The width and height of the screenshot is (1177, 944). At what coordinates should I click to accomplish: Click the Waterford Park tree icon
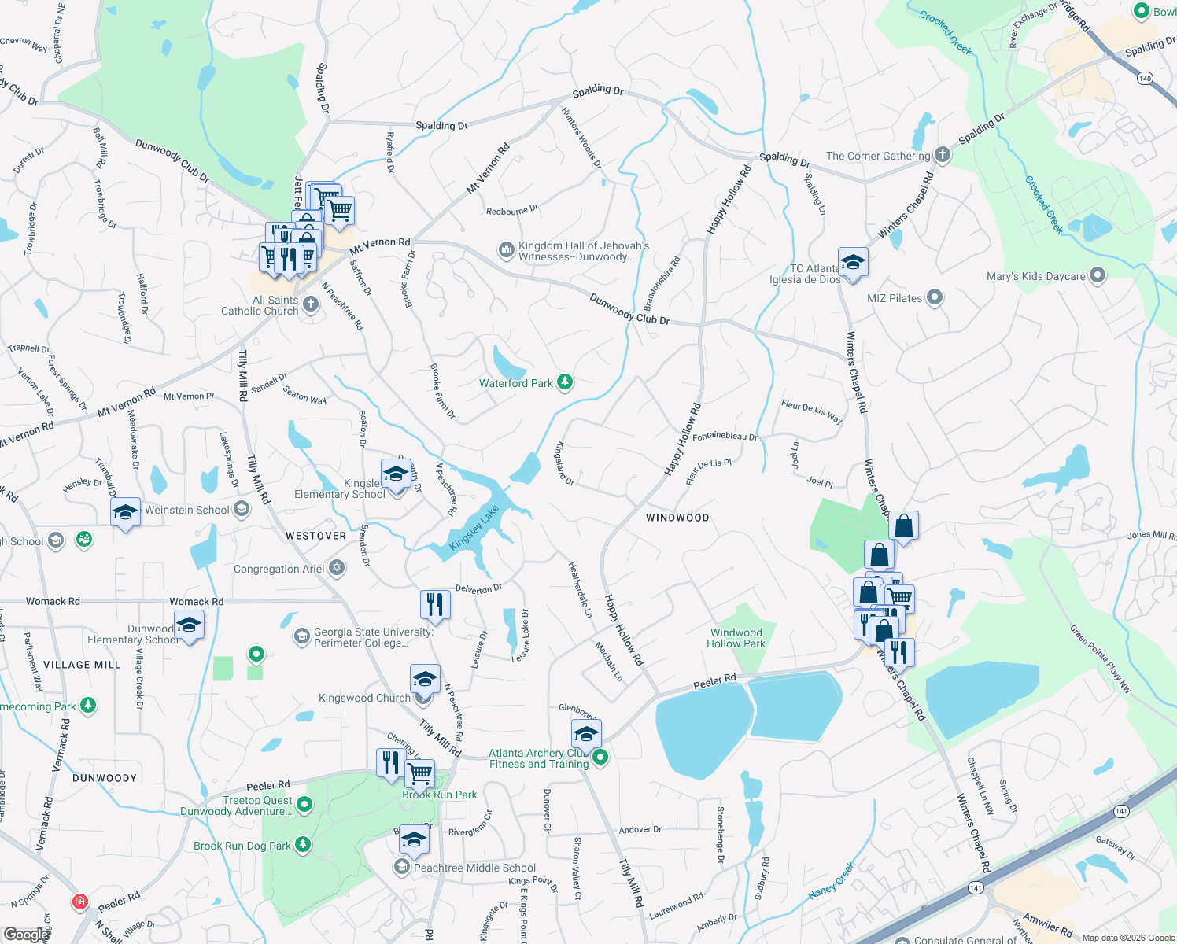(564, 383)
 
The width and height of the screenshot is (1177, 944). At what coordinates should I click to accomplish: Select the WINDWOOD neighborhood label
(677, 518)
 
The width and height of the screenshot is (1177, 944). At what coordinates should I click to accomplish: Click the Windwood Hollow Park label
(736, 638)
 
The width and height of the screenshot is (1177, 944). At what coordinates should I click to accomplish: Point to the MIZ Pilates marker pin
(935, 297)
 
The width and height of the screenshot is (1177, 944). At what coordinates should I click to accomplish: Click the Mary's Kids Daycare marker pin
(1098, 275)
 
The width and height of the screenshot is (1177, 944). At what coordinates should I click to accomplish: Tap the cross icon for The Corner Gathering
(942, 155)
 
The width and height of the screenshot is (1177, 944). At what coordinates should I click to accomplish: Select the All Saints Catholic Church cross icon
(311, 304)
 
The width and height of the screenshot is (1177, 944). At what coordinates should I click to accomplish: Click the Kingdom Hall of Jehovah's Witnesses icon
(506, 250)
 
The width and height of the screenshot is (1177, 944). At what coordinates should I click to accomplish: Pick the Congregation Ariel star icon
(337, 567)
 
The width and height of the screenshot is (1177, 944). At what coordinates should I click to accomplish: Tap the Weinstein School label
(186, 510)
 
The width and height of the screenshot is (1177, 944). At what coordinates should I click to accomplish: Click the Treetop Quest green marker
(304, 804)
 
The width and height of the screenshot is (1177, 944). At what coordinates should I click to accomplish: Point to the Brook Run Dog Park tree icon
(303, 845)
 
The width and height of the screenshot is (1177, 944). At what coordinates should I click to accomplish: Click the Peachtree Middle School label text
(474, 868)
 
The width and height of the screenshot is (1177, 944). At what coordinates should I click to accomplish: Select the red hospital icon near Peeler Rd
(79, 902)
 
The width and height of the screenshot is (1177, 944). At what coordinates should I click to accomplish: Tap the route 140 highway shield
(1145, 78)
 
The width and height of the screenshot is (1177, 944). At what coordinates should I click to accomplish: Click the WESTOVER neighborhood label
(315, 536)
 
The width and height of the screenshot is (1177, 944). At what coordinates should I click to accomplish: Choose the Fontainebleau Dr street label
(725, 436)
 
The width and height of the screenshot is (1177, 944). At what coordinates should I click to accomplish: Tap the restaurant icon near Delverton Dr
(434, 604)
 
